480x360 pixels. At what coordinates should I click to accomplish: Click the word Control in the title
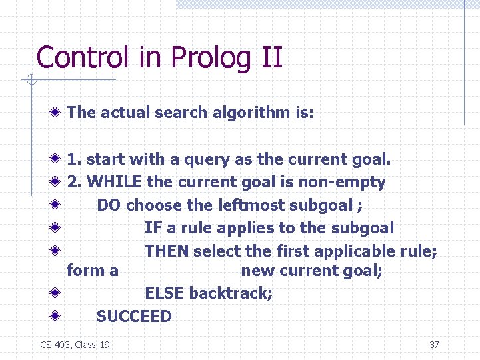pyautogui.click(x=81, y=57)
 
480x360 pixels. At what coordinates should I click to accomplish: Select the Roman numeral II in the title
pyautogui.click(x=270, y=57)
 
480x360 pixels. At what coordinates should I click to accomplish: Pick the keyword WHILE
pyautogui.click(x=114, y=182)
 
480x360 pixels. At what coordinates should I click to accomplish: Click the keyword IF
pyautogui.click(x=153, y=228)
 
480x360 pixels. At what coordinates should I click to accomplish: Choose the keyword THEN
pyautogui.click(x=167, y=251)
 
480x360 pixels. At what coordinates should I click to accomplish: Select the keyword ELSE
pyautogui.click(x=165, y=293)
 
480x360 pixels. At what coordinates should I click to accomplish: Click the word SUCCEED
pyautogui.click(x=134, y=317)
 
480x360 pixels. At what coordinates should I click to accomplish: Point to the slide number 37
pyautogui.click(x=434, y=345)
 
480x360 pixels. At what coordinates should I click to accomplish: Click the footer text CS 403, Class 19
pyautogui.click(x=75, y=345)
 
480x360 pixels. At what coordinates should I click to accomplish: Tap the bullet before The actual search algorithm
pyautogui.click(x=57, y=113)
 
